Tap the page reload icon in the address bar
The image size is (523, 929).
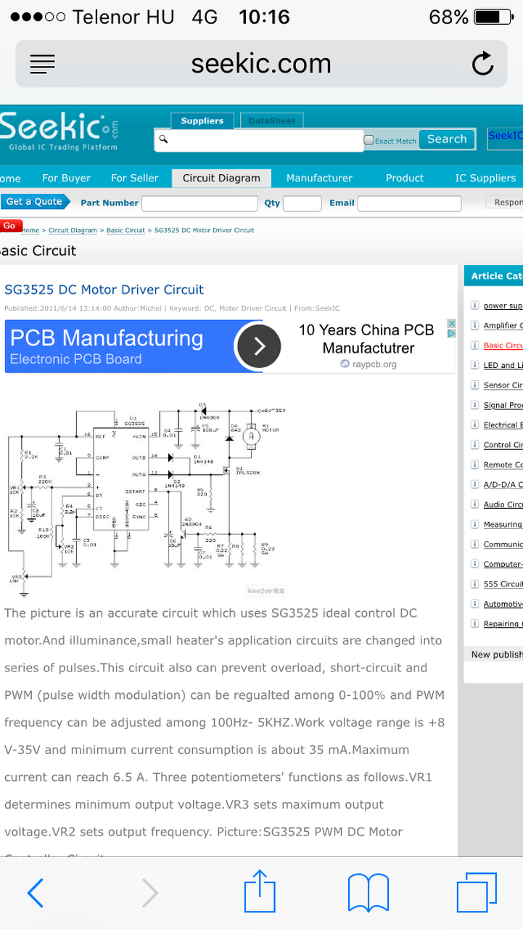coord(482,65)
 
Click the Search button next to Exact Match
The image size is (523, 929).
coord(447,139)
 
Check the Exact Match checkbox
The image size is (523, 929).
coord(368,141)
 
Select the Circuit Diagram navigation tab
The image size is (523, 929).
coord(221,178)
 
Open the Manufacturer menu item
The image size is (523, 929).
coord(319,178)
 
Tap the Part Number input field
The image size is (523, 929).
coord(199,203)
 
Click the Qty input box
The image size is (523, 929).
coord(302,203)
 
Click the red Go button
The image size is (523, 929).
coord(10,226)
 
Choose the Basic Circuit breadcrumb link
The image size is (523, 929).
coord(125,230)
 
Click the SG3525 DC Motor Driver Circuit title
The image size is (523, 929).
coord(104,290)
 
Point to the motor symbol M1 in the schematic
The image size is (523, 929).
coord(250,437)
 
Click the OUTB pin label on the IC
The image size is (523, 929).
coord(139,458)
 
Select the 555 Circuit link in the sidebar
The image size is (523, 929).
coord(503,584)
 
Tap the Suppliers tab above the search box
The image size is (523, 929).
coord(202,121)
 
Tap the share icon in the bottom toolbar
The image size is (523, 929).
coord(260,892)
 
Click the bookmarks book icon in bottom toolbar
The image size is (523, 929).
coord(368,893)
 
